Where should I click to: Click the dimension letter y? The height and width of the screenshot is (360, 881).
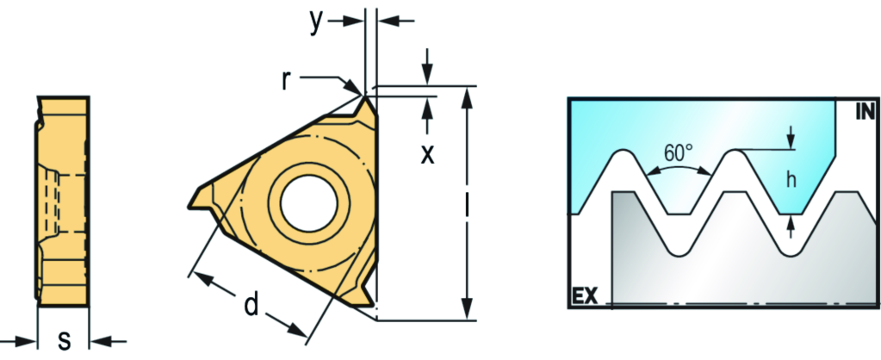click(x=317, y=22)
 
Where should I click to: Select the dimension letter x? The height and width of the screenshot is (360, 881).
click(x=427, y=153)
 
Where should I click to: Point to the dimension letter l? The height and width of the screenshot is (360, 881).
click(x=466, y=204)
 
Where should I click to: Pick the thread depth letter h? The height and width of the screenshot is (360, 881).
click(x=791, y=180)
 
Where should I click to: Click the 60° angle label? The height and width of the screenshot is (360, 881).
click(x=678, y=152)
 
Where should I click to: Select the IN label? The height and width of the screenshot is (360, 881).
click(x=865, y=111)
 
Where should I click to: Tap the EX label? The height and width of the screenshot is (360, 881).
click(x=585, y=295)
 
